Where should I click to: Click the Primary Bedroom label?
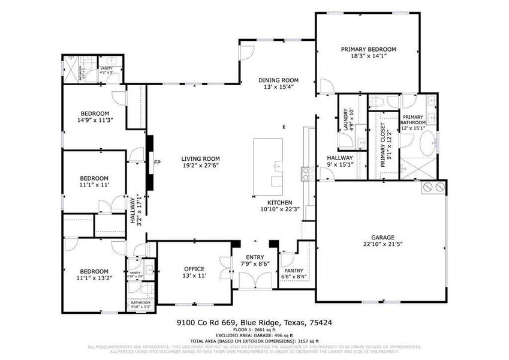pos(369,49)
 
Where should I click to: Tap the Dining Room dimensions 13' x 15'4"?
pos(278,88)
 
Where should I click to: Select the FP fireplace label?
pos(157,163)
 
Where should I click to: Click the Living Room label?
pos(201,159)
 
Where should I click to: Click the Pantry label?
pos(294,270)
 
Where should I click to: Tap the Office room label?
pos(194,269)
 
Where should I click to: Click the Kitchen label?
pos(279,202)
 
